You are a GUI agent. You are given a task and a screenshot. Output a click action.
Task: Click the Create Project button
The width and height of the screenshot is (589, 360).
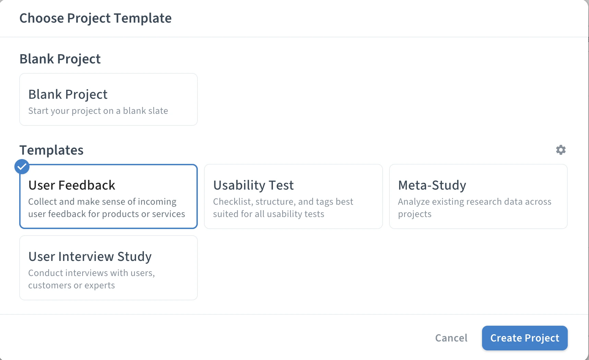click(x=525, y=338)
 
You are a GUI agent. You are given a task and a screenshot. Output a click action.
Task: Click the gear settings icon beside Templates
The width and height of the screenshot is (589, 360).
click(x=561, y=150)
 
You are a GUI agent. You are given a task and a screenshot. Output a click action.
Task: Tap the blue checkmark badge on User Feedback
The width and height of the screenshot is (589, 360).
click(x=22, y=167)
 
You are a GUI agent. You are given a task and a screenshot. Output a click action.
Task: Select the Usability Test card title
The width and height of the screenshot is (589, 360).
click(x=253, y=185)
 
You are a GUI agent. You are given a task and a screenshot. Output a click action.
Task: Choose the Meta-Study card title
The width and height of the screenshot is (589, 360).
click(x=432, y=185)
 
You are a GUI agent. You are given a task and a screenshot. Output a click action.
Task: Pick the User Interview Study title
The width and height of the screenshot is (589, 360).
click(x=90, y=256)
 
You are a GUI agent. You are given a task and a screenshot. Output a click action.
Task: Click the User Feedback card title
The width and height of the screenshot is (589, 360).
click(x=72, y=185)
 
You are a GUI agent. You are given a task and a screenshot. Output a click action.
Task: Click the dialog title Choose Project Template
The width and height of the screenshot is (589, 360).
click(x=95, y=18)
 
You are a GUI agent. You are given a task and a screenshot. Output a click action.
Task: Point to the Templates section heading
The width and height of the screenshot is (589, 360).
click(x=51, y=150)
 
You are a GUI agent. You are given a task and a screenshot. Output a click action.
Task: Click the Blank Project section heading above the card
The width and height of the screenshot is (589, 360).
click(x=60, y=59)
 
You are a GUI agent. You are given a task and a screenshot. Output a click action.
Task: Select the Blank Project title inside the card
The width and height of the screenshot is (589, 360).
click(x=68, y=94)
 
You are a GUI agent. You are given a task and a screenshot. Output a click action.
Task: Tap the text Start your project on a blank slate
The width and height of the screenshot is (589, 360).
click(x=98, y=111)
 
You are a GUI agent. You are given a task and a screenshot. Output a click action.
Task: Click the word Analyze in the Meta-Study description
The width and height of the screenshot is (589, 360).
click(x=413, y=202)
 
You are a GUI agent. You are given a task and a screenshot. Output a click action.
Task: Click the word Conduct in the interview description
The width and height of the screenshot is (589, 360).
click(x=46, y=273)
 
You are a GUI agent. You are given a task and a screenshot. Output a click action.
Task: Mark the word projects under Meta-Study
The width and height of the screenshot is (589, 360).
click(x=414, y=214)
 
